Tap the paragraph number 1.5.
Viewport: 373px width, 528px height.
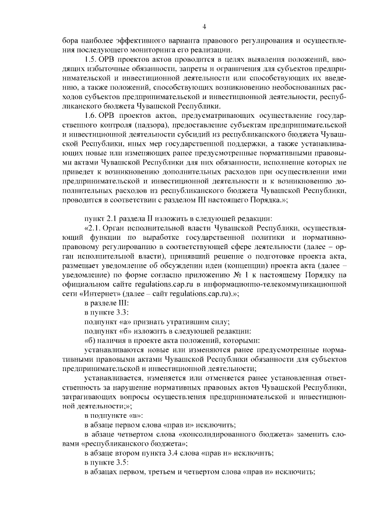click(92, 60)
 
